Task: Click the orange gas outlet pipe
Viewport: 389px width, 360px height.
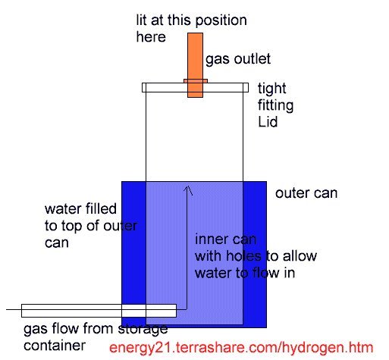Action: tap(195, 65)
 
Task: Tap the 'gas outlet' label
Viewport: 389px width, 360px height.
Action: tap(238, 60)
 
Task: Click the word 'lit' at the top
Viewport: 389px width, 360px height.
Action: tap(141, 20)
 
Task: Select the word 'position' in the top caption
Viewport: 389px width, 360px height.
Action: tap(221, 21)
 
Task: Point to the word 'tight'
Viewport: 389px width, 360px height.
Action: tap(272, 89)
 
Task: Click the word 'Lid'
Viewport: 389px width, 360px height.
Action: tap(268, 121)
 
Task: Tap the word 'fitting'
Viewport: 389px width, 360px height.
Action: tap(275, 105)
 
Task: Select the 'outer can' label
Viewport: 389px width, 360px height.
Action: tap(306, 193)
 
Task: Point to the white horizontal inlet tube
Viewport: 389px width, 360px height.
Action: tap(99, 311)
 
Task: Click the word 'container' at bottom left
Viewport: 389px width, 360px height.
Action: tap(55, 346)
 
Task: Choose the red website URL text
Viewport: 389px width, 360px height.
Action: tap(241, 347)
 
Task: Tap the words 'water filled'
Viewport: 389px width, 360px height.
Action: tap(80, 208)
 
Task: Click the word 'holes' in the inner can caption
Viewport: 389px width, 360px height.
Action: tap(243, 255)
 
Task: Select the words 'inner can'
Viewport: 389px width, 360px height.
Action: tap(226, 239)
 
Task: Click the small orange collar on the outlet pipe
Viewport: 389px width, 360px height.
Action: tap(196, 81)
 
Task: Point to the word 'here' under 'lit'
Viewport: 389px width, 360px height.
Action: tap(151, 37)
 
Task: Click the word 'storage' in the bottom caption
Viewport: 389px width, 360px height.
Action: tap(143, 329)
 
